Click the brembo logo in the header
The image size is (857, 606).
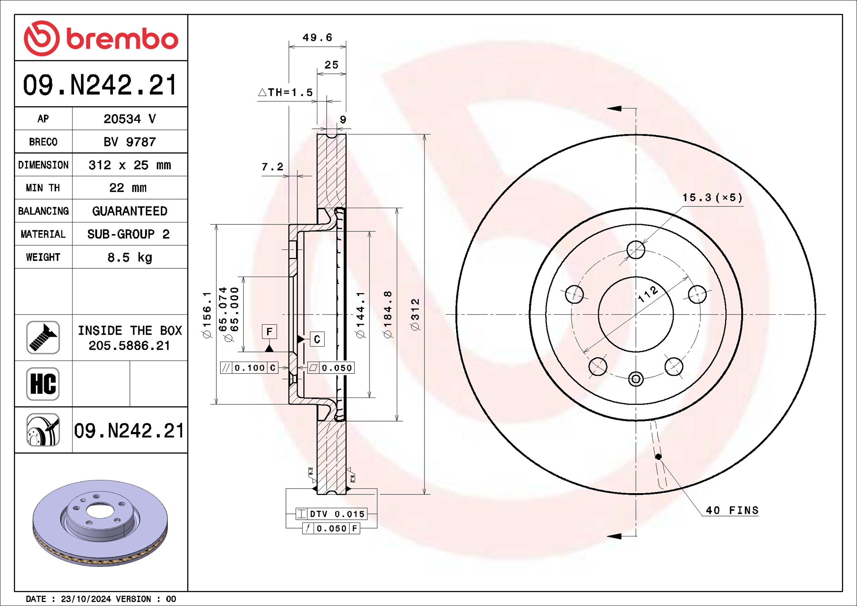click(x=101, y=38)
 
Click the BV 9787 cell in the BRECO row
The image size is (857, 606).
click(x=130, y=142)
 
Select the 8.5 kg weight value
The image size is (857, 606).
click(x=130, y=257)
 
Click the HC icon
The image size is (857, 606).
click(x=43, y=384)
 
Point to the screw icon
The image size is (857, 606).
click(x=43, y=338)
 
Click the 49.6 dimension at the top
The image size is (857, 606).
click(x=317, y=37)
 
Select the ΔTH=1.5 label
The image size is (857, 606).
click(x=286, y=92)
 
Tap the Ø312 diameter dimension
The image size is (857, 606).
click(x=415, y=314)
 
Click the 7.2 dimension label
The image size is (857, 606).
click(x=272, y=167)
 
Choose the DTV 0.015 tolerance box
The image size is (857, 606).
click(x=332, y=514)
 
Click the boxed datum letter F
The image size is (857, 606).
click(x=269, y=332)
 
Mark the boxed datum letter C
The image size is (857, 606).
click(x=317, y=339)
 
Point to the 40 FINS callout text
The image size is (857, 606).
click(x=732, y=510)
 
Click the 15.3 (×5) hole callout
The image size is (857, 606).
click(x=712, y=198)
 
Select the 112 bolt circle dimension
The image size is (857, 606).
click(x=648, y=294)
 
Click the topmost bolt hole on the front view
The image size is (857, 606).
click(x=635, y=250)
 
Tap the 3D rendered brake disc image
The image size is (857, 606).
click(x=100, y=523)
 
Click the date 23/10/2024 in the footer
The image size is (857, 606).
click(x=86, y=599)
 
